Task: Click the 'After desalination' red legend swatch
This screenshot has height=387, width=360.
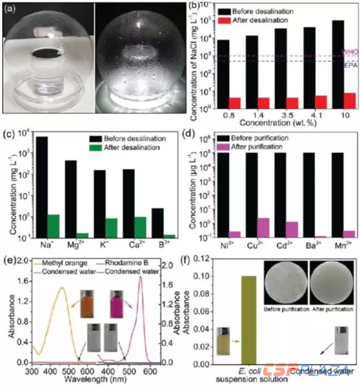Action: coord(227,21)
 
